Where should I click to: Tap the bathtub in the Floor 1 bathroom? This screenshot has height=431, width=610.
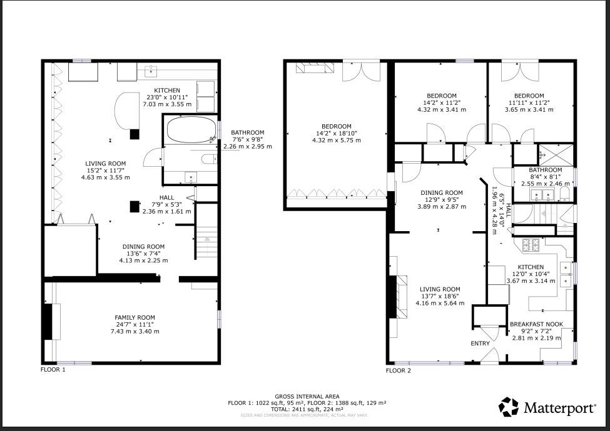coord(191,130)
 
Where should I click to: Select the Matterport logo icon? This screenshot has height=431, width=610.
coord(509,407)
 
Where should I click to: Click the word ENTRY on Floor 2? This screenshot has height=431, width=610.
coord(480,344)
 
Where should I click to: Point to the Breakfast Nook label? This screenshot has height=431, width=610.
coord(536,324)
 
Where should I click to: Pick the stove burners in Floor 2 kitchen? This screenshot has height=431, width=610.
coord(531,245)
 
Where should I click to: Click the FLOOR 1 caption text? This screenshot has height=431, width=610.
coord(53,369)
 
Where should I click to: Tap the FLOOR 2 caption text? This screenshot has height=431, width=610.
coord(398,370)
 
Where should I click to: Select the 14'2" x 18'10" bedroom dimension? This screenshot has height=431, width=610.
coord(337,133)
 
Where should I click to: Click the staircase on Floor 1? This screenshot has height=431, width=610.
coord(206,242)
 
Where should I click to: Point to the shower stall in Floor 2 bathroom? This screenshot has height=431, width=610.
coord(556,155)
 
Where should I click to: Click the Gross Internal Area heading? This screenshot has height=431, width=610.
coord(307,397)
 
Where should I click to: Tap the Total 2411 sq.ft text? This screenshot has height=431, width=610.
coord(307,409)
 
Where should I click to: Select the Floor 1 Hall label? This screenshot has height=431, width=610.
coord(166,197)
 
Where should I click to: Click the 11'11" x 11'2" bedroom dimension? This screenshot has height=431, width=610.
coord(529,102)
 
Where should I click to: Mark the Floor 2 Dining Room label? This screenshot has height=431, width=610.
coord(442,192)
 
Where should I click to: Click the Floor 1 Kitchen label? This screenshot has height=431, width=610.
coord(167,91)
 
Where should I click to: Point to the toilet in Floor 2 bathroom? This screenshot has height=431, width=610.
coord(564,194)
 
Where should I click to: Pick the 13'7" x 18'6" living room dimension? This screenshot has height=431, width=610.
coord(440,296)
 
